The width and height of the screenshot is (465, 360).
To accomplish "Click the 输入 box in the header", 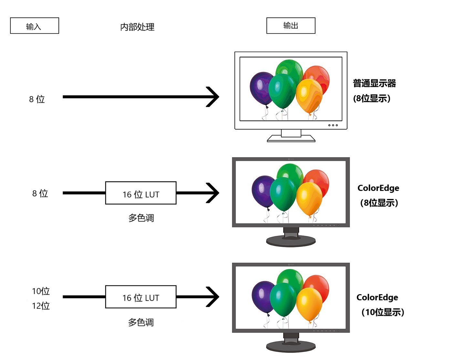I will click(35, 26).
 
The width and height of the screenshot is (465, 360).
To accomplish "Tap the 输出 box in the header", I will click(291, 26).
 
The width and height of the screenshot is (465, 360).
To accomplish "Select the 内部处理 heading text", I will click(137, 27).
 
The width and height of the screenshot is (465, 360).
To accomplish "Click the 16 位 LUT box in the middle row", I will click(141, 193).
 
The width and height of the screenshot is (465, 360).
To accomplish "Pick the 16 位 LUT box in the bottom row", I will click(141, 297).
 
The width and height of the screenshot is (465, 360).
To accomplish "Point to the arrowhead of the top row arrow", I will click(214, 97).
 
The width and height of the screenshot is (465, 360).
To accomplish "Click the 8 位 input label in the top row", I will click(37, 99).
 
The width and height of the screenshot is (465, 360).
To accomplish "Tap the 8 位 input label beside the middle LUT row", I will click(40, 193).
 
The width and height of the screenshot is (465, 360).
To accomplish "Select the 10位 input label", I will click(41, 291).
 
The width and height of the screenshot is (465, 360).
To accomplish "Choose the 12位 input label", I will click(41, 305).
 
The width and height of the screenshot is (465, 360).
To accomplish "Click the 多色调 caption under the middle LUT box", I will click(141, 218).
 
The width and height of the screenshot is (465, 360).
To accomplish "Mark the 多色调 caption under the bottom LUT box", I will click(141, 322).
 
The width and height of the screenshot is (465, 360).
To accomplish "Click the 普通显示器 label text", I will click(374, 83).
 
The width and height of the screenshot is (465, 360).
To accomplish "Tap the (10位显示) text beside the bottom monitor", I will click(383, 312).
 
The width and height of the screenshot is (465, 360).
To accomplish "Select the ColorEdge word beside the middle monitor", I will click(378, 188).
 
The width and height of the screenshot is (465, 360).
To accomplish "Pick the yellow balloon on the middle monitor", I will click(309, 197).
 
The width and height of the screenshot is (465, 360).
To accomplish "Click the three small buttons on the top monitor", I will click(333, 125).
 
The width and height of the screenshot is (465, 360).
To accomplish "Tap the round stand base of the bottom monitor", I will click(291, 346).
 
